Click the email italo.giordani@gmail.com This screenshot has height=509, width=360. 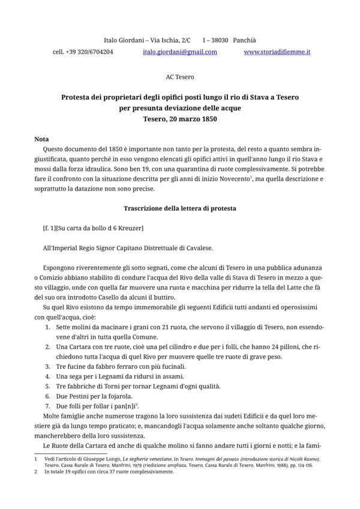tap(180, 52)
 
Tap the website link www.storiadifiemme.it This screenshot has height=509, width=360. tap(277, 52)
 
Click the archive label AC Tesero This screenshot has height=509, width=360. tap(180, 77)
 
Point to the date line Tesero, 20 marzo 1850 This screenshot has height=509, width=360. tap(180, 119)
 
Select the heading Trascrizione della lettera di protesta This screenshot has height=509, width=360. tap(180, 209)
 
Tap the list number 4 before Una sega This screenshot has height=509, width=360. tap(48, 376)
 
